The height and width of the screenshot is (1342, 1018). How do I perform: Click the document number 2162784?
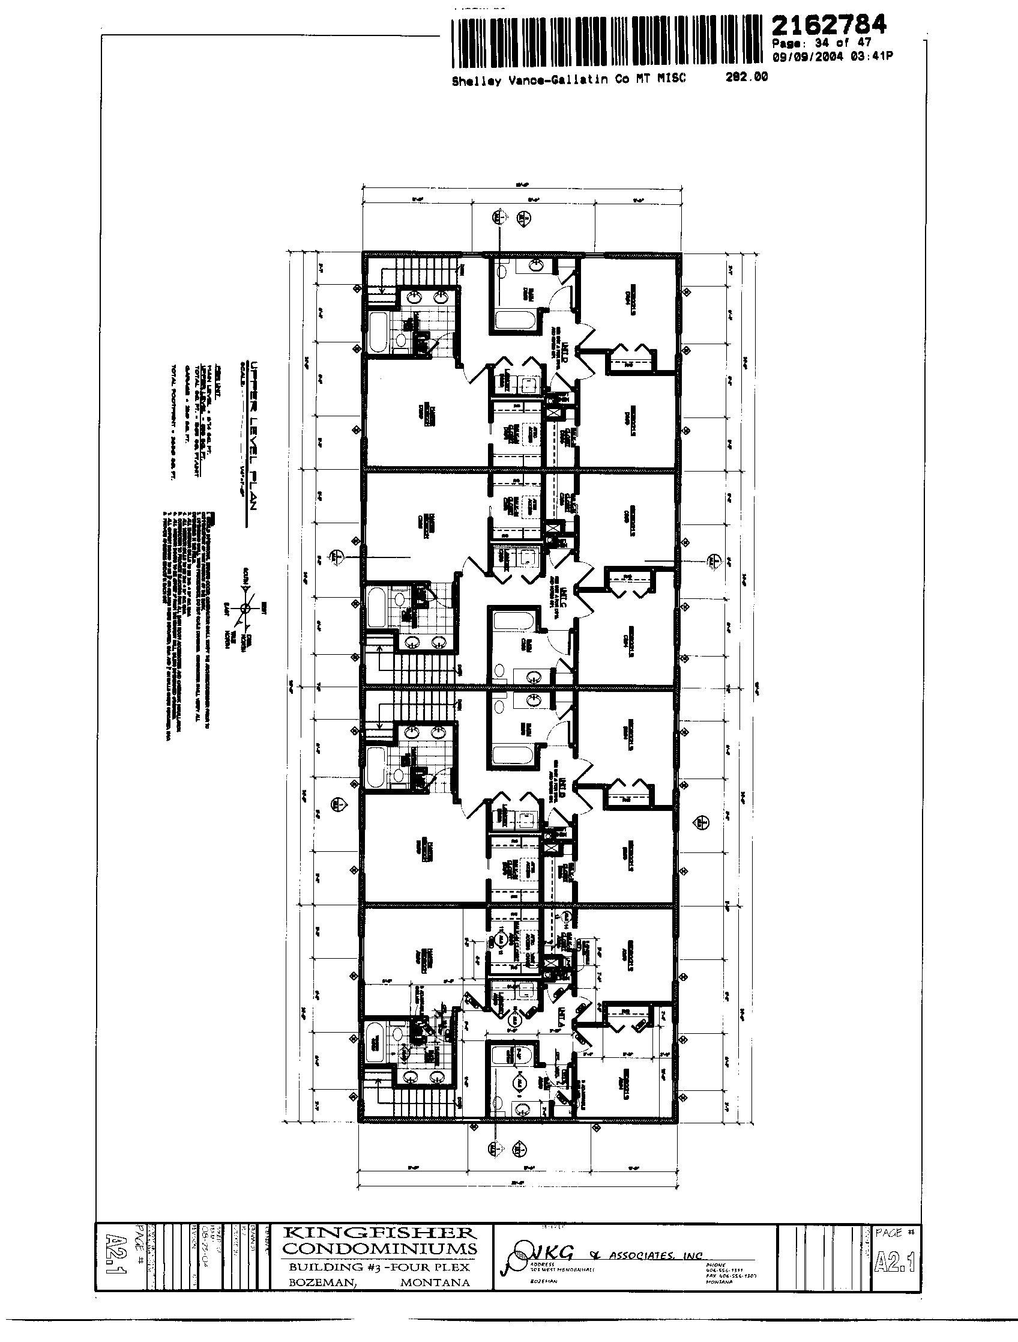pyautogui.click(x=829, y=26)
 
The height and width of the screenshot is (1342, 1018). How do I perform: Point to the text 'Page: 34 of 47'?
pyautogui.click(x=822, y=43)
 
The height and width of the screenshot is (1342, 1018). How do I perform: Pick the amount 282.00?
pyautogui.click(x=746, y=77)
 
